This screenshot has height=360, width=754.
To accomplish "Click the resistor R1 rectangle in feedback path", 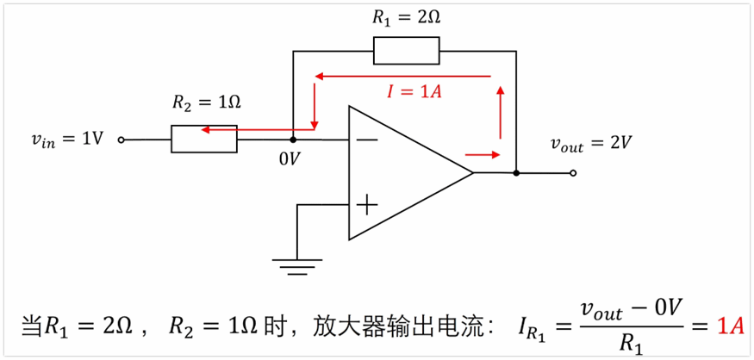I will tap(406, 51).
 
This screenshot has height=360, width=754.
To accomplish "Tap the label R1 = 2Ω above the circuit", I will tap(407, 16).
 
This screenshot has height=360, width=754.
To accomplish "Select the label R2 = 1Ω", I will tap(206, 102).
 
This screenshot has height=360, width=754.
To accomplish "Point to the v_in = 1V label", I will tap(65, 139).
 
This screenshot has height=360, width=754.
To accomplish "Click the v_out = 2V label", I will tap(592, 144).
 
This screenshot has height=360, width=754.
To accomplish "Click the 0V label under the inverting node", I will tap(290, 158).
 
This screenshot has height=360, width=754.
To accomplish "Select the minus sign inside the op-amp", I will tap(365, 139).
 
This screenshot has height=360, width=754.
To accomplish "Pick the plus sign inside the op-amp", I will tap(367, 204).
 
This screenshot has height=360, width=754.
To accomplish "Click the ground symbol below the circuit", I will tap(296, 266).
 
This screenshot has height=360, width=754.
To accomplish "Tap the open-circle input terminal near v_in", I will tap(122, 140).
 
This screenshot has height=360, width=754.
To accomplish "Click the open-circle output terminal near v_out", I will tap(573, 173).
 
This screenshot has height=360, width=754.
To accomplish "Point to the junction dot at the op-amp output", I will tap(515, 173).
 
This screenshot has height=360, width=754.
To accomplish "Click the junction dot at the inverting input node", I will tap(294, 140).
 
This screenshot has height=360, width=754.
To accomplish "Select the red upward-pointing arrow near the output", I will tap(499, 112).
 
